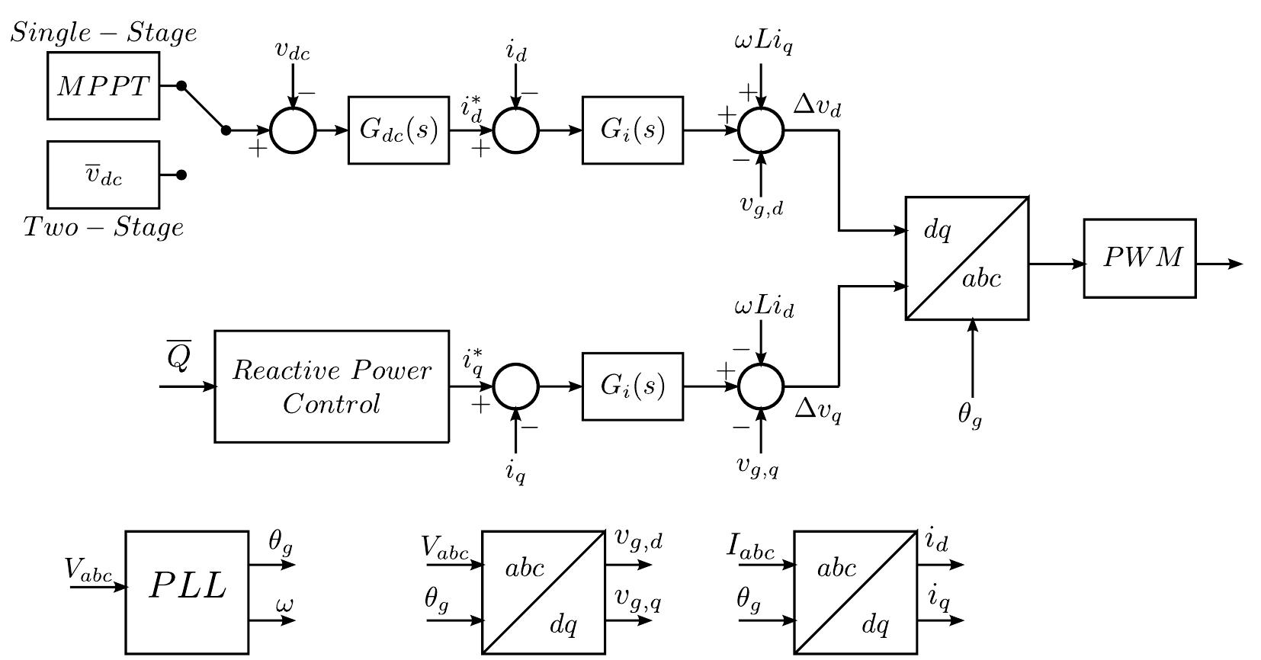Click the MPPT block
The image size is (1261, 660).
coord(103,86)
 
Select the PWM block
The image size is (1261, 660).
coord(1140,258)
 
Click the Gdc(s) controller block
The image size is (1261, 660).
coord(398,130)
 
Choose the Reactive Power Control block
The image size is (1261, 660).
coord(331,386)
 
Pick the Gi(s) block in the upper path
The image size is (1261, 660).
coord(632,130)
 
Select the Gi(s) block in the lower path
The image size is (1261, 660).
coord(632,386)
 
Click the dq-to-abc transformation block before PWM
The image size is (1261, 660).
coord(967,258)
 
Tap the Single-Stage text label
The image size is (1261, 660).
coord(103,33)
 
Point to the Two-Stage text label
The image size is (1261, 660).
coord(103,227)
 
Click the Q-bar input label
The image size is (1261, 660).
coord(178,357)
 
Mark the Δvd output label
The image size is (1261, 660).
coord(817,106)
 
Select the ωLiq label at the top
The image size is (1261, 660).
coord(763,42)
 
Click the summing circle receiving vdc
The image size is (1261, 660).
coord(293,130)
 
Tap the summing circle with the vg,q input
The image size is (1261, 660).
coord(760,386)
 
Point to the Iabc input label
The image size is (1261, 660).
coord(751,548)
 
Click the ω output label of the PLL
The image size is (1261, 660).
coord(284,606)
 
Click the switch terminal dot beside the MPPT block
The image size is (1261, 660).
coord(181,86)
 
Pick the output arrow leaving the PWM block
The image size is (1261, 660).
coord(1220,264)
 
